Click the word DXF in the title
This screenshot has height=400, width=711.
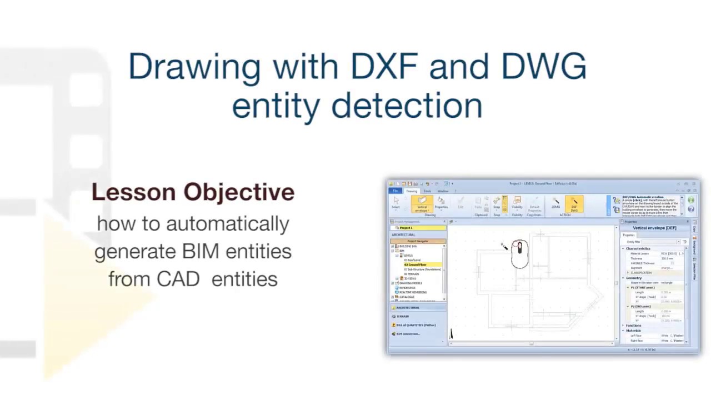tap(384, 67)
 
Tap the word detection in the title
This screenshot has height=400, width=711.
tap(407, 106)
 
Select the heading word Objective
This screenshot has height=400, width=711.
tap(239, 192)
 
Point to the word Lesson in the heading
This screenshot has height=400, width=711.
tap(133, 192)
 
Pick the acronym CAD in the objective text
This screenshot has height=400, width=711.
tap(178, 279)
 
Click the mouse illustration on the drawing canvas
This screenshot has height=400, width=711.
tap(519, 254)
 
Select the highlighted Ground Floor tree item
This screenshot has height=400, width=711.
tap(415, 265)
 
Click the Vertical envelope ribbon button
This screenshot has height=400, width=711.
tap(422, 204)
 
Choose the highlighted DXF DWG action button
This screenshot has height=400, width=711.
tap(574, 204)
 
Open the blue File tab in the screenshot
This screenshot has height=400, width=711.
tap(395, 191)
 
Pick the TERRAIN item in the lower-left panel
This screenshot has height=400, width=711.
tap(402, 316)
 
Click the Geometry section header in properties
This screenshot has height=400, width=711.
tap(634, 278)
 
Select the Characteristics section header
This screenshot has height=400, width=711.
tap(638, 248)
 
